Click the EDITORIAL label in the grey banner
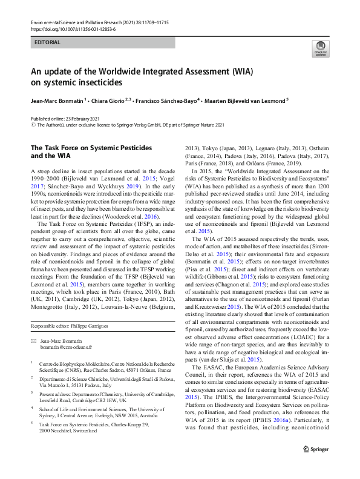click(48, 43)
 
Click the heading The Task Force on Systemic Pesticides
click(91, 148)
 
